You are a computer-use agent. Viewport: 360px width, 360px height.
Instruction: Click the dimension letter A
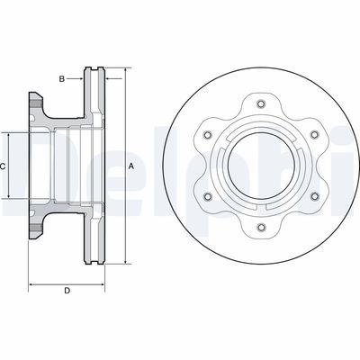pyautogui.click(x=130, y=166)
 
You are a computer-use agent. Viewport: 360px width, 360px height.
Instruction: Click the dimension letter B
pyautogui.click(x=62, y=79)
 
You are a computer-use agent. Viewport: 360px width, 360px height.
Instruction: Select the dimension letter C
pyautogui.click(x=2, y=166)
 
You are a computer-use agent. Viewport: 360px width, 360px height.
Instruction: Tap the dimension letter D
pyautogui.click(x=67, y=291)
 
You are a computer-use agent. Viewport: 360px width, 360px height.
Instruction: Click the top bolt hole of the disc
pyautogui.click(x=261, y=103)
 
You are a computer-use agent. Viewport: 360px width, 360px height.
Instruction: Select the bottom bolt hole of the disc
pyautogui.click(x=261, y=227)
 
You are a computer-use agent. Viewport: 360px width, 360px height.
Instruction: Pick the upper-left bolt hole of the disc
pyautogui.click(x=208, y=135)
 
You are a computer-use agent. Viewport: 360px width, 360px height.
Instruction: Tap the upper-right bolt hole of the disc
pyautogui.click(x=314, y=135)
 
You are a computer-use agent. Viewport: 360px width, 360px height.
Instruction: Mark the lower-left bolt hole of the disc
pyautogui.click(x=208, y=196)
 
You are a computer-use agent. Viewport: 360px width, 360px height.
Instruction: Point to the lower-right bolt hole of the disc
pyautogui.click(x=314, y=196)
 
